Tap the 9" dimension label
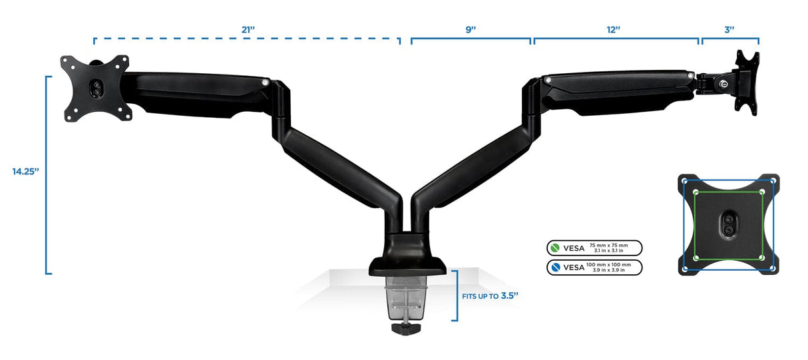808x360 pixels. pos(471,29)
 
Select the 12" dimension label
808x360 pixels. pos(614,29)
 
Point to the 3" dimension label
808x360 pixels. pos(729,29)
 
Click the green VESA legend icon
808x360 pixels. pos(554,248)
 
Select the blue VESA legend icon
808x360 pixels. pos(554,268)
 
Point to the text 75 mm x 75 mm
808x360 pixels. pos(612,245)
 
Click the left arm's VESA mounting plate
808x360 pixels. pos(96,88)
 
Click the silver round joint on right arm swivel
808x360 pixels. pos(724,84)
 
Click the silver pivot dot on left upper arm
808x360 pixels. pos(267,83)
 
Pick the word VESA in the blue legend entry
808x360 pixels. pos(573,268)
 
